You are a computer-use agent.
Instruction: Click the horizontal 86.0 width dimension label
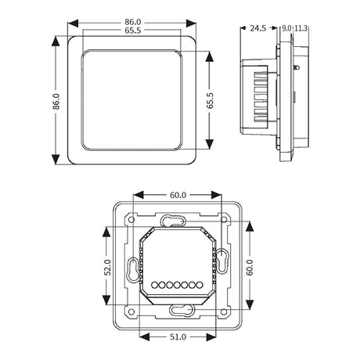click(132, 22)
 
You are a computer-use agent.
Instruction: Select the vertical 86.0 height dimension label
click(56, 101)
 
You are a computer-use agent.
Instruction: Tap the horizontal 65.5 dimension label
click(132, 31)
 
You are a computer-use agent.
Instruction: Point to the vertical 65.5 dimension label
click(210, 100)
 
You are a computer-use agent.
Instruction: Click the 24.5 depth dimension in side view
click(258, 28)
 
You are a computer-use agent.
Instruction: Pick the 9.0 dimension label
click(286, 28)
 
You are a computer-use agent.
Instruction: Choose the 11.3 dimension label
click(301, 28)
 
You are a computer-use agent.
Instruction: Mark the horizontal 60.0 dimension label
click(178, 195)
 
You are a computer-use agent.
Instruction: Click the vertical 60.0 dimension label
click(250, 268)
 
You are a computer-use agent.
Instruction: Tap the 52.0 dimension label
click(107, 268)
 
